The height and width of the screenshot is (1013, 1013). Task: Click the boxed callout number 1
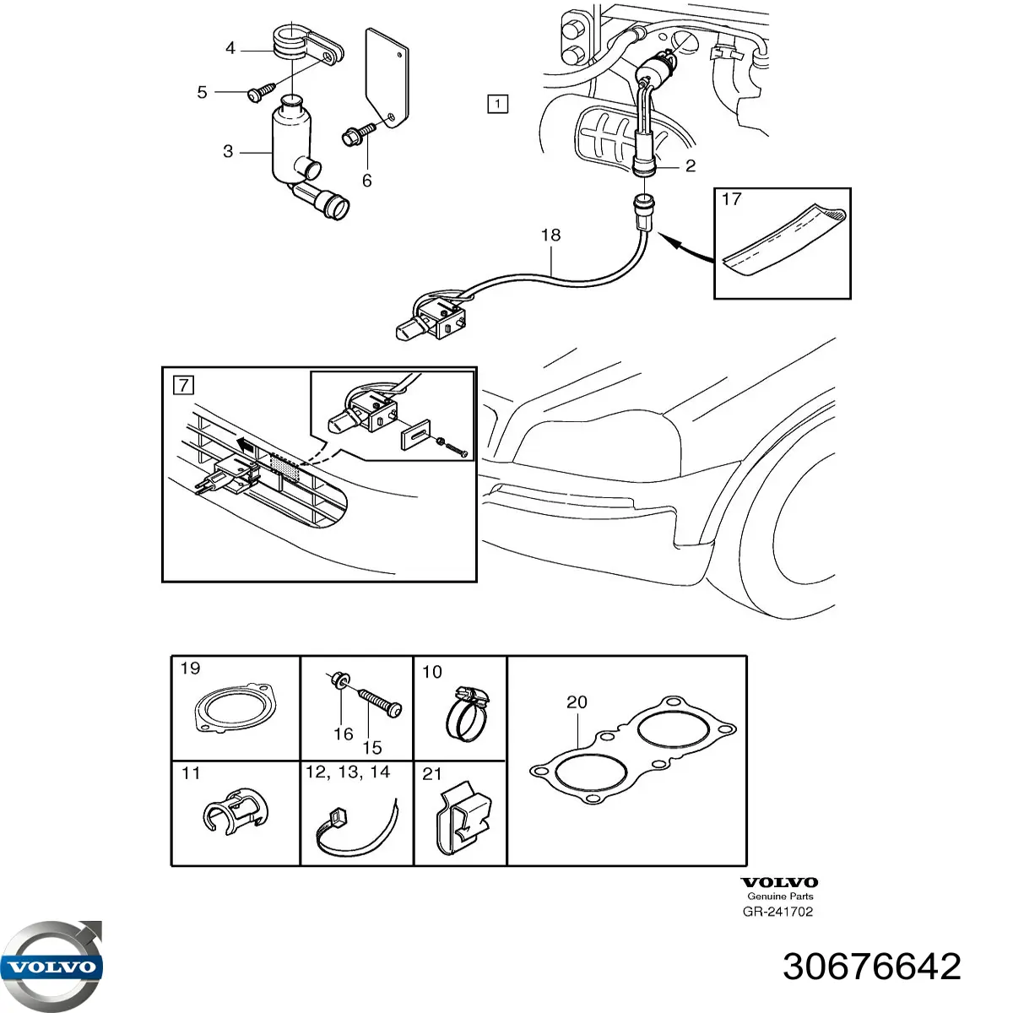(497, 103)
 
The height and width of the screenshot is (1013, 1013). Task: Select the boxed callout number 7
(183, 385)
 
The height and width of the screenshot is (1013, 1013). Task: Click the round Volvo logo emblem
(51, 967)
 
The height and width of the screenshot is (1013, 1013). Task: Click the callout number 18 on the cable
(551, 235)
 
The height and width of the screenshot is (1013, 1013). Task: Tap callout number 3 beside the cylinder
(228, 151)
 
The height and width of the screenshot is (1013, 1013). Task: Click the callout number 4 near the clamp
(230, 48)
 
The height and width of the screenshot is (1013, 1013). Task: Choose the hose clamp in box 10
(467, 714)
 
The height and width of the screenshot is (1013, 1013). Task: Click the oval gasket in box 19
(235, 707)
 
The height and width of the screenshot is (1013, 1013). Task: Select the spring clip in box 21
(463, 825)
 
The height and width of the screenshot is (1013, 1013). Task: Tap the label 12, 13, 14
(348, 772)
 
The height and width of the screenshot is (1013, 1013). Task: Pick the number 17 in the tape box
(731, 199)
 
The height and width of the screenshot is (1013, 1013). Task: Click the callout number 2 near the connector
(691, 166)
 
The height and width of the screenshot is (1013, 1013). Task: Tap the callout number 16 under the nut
(344, 734)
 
